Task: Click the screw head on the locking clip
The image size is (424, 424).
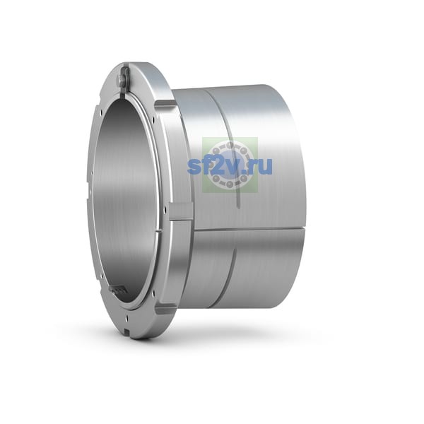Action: coord(121,79)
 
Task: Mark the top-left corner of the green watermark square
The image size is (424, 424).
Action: coord(202,137)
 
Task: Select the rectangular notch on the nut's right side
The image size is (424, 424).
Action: coord(181,211)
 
